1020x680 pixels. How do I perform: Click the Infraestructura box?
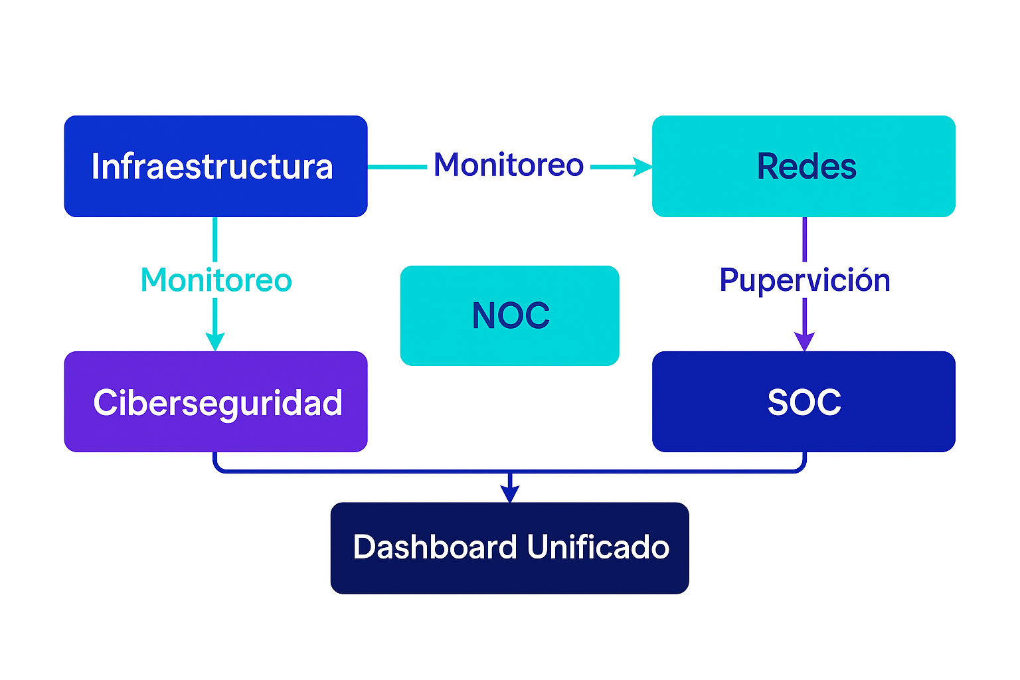coord(216,166)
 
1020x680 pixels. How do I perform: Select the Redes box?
coord(804,166)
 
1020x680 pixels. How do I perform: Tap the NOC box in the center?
coord(509,315)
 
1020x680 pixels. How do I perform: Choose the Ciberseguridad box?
coord(216,402)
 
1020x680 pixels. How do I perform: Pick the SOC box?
coord(804,402)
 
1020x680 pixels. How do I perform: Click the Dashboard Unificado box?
coord(509,548)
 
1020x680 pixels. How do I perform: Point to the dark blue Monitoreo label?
coord(509,165)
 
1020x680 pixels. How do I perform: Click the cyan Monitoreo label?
coord(216,280)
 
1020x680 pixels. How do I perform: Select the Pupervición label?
coord(805,280)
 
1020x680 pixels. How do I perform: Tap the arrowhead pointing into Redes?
coord(643,167)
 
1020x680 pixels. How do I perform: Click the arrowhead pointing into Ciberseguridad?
coord(214,341)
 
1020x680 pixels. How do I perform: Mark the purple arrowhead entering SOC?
coord(804,341)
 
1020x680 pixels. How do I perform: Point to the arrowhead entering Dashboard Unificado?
coord(509,494)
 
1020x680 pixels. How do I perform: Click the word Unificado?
coord(598,547)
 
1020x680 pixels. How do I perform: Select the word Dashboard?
coord(435,547)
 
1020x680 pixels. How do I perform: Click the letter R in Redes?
coord(768,166)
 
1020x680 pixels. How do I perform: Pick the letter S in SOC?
coord(778,402)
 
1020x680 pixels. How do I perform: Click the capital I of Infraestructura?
coord(95,166)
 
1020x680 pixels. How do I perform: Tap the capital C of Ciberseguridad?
coord(104,402)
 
